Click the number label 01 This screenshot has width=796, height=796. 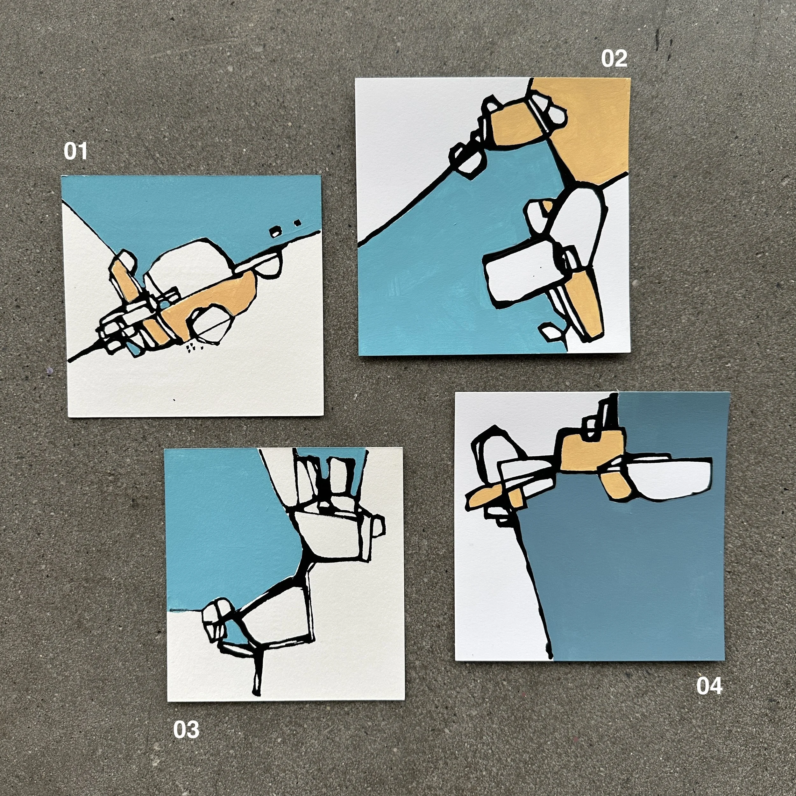75,152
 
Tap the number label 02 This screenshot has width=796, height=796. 614,59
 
